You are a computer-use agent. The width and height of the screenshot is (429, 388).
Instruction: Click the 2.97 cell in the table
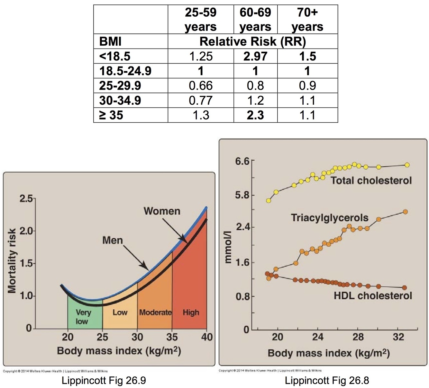point(255,56)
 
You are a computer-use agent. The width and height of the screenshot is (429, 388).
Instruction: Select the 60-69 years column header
point(255,19)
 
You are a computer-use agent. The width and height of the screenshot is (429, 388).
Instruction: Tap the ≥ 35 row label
point(111,115)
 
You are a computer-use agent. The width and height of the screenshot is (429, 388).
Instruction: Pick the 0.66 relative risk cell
point(201,85)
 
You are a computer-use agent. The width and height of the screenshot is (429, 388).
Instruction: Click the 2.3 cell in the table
point(255,115)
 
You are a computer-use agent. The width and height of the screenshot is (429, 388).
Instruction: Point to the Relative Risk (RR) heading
point(252,41)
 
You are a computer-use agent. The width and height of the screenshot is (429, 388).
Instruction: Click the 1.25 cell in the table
point(201,56)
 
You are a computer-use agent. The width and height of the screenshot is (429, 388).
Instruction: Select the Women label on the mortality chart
point(162,211)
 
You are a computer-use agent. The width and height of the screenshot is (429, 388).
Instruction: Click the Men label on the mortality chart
point(112,240)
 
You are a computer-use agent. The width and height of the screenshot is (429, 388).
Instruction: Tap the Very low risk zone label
point(83,316)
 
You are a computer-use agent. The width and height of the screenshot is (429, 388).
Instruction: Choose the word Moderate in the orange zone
point(155,312)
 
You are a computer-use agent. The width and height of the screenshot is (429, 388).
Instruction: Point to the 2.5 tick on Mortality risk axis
point(25,198)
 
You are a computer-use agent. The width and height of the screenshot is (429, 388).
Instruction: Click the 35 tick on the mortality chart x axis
point(172,337)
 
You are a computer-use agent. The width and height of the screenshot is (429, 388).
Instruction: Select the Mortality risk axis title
point(12,261)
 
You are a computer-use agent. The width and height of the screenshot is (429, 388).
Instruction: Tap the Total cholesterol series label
point(371,181)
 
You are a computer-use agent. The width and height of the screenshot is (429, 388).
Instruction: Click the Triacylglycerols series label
point(329,218)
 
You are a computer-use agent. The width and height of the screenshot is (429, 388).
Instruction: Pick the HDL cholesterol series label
point(372,295)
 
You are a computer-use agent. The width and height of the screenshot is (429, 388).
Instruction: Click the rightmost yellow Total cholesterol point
point(407,165)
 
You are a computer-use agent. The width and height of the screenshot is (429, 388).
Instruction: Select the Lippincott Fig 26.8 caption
point(327,381)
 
